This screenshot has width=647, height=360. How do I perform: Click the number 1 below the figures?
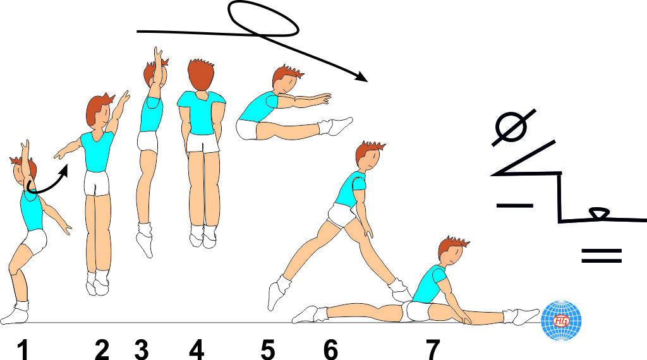(23, 349)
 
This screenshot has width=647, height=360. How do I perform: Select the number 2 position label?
(102, 349)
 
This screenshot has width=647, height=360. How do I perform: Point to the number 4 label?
(197, 349)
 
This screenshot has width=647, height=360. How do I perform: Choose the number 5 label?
(268, 349)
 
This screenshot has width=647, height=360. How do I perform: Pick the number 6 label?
(330, 349)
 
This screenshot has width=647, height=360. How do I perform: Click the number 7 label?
(432, 349)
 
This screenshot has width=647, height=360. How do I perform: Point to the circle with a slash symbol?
(512, 127)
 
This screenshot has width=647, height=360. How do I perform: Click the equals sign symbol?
(601, 255)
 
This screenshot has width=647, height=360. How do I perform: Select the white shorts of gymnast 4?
(202, 143)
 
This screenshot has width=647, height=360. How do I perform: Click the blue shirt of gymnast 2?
(97, 152)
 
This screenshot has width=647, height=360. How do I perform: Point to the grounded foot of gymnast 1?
(15, 313)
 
